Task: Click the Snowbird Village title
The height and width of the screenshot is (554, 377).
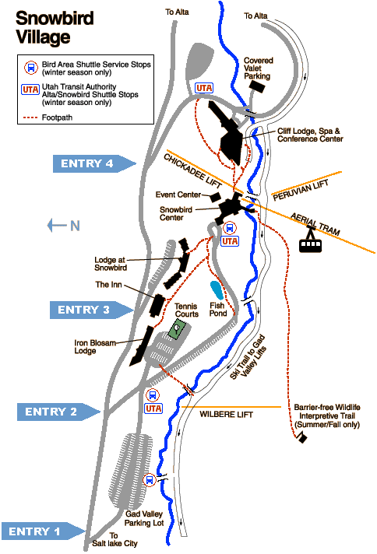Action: point(55,27)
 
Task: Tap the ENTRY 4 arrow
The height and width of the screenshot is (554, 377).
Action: point(94,163)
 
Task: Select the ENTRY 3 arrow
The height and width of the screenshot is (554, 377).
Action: point(92,310)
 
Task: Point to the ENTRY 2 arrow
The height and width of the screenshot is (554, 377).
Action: point(59,412)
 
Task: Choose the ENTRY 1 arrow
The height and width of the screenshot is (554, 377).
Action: point(43,531)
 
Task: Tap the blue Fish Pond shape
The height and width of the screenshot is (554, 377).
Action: point(216,290)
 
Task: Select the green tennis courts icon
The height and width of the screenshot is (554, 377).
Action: point(177,329)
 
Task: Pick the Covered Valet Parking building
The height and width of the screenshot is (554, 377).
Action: point(257,86)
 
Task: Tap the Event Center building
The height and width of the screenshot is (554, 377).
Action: point(215,197)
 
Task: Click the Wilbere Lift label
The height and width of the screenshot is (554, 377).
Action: point(226,415)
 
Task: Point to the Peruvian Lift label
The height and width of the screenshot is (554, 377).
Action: point(301,190)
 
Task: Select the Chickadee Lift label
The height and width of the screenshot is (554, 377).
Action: point(192,171)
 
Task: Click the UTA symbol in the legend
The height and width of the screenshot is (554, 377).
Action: point(30,89)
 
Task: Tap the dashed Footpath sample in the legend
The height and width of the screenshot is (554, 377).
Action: point(30,117)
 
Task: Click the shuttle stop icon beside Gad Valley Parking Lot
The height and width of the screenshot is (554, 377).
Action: point(150,480)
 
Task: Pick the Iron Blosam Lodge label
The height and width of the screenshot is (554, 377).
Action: point(95,346)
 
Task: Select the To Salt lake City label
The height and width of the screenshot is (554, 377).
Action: point(115,539)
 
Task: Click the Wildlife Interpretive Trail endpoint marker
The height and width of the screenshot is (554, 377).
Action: point(302,438)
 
